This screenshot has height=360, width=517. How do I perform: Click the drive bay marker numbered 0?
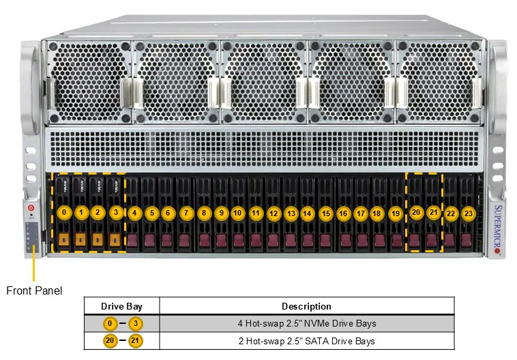[x=63, y=212]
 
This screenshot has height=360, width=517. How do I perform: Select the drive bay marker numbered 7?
[x=186, y=213]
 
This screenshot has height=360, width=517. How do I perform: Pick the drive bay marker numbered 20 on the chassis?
[x=416, y=213]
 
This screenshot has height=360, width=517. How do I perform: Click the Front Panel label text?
[x=34, y=290]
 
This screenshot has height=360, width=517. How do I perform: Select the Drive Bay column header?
[x=121, y=306]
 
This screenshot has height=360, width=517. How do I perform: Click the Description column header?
[x=306, y=306]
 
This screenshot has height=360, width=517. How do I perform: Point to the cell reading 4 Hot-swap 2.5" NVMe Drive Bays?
[x=306, y=323]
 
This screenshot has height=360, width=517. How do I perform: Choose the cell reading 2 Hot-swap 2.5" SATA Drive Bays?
[x=306, y=341]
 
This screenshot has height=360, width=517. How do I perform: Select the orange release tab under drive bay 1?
[x=80, y=240]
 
